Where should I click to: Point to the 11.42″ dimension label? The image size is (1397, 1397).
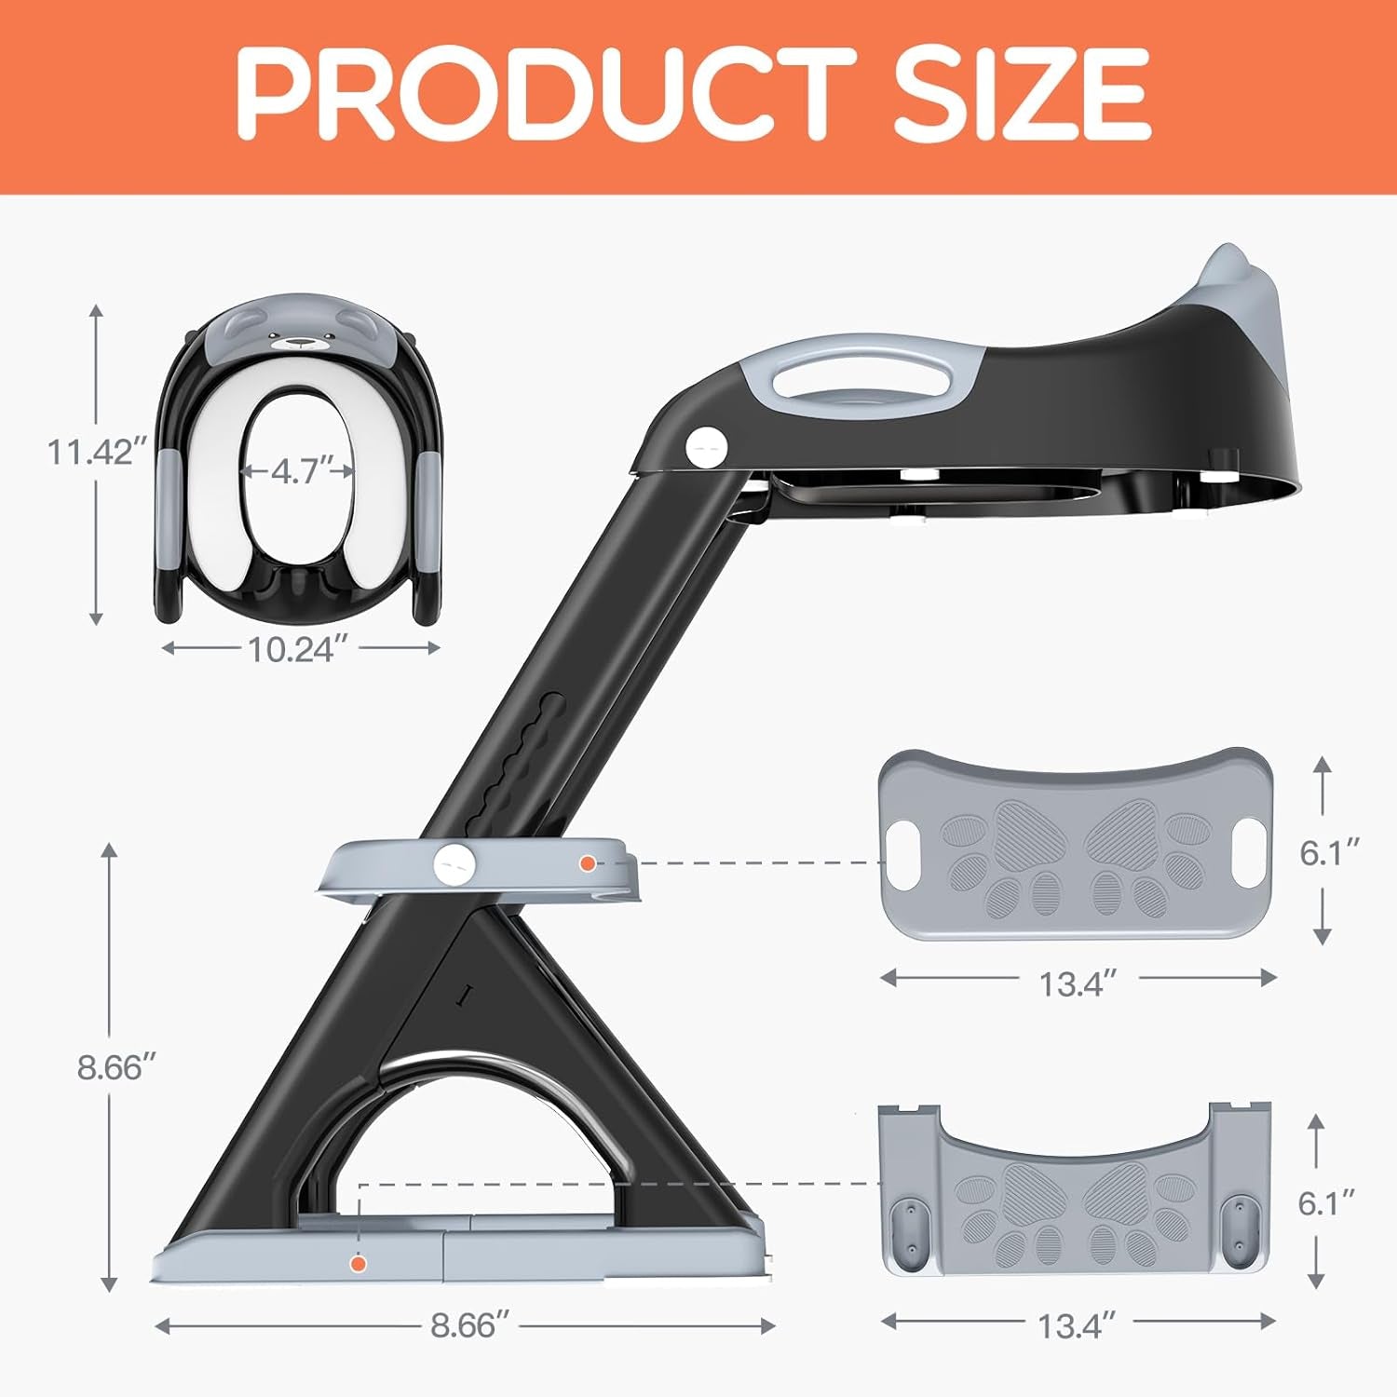point(97,453)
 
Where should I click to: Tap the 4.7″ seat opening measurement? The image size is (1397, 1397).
point(297,471)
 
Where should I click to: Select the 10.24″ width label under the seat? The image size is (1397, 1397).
point(292,649)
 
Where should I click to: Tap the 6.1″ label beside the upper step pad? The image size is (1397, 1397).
point(1330,852)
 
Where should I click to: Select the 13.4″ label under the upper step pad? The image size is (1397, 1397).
point(1077,983)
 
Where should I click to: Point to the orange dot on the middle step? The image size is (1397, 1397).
point(587,863)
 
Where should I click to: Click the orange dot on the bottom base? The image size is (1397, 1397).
point(358,1264)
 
